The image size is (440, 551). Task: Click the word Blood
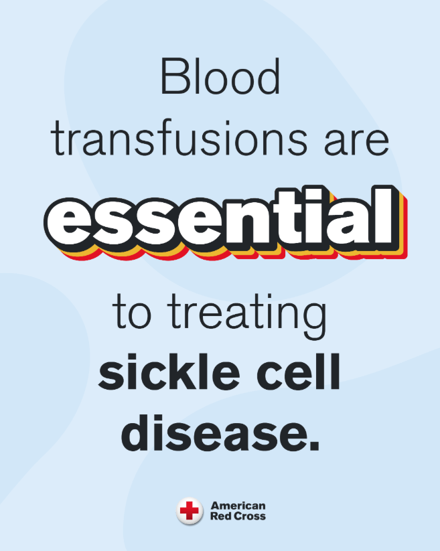point(220,76)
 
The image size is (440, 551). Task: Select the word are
point(356,143)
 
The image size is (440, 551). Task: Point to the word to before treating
point(132,312)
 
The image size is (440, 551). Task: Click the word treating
point(246,315)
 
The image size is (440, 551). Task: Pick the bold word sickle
point(169,372)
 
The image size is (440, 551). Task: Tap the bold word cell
point(299,372)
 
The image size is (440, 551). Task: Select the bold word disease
point(214,432)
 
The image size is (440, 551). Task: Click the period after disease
point(314,446)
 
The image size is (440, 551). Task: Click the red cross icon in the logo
point(190,511)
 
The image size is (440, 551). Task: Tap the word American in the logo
point(238,505)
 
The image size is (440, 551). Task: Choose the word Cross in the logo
point(250,516)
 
